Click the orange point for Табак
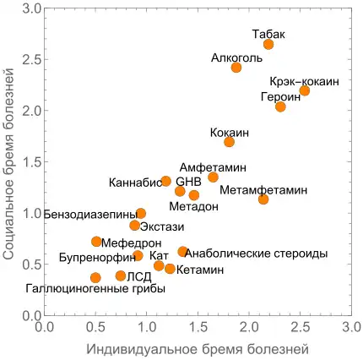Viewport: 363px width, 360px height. pos(268,44)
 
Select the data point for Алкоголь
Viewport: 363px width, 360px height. pos(236,68)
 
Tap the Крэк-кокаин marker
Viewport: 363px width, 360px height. pos(305,90)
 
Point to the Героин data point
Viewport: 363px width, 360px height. pos(280,106)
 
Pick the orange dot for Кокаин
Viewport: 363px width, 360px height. pos(229,142)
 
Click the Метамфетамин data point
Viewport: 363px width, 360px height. pos(263,199)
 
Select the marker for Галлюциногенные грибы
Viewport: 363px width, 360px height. pos(95,277)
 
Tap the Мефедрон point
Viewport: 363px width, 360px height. pos(96,242)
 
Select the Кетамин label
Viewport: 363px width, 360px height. pos(201,270)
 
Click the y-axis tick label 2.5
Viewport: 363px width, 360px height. pos(31,60)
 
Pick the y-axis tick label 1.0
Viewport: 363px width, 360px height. pos(31,214)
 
